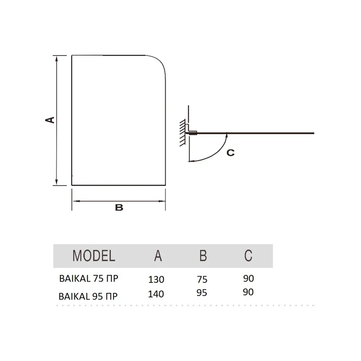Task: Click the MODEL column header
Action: pos(94,255)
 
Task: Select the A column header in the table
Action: pos(158,255)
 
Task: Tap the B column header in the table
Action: pos(203,255)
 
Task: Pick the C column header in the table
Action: pos(248,255)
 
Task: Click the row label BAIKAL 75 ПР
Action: pos(88,278)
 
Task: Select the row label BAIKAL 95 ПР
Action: pos(88,296)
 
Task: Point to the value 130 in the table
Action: pos(156,279)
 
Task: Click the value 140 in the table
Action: pos(156,294)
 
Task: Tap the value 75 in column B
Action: pos(202,279)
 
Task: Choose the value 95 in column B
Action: pos(202,293)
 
